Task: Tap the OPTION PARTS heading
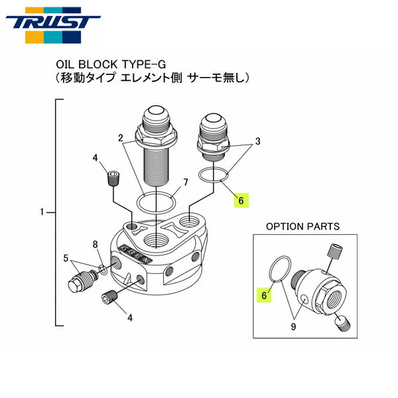(302, 226)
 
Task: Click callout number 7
(186, 182)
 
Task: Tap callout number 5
(65, 257)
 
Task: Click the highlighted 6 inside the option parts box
(263, 297)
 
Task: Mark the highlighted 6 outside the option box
(241, 199)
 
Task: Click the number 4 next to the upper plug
(95, 158)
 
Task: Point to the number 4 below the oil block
(130, 318)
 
